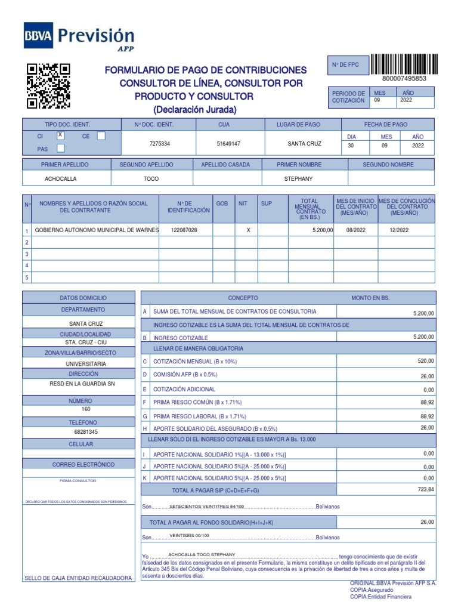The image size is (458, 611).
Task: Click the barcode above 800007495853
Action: tap(404, 64)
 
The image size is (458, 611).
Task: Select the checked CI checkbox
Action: tap(60, 135)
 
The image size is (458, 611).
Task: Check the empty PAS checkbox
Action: tap(60, 149)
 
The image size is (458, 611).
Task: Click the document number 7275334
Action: tap(159, 144)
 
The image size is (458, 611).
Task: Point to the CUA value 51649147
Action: tap(228, 144)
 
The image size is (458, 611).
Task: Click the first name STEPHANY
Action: tap(299, 178)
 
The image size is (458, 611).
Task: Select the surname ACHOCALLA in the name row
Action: tap(61, 178)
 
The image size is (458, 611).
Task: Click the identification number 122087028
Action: tap(184, 230)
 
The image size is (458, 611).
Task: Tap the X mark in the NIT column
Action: tap(247, 230)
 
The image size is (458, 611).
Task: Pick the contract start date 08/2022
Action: tap(355, 230)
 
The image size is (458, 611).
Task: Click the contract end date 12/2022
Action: tap(399, 230)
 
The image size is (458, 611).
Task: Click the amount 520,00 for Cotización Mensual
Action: tap(426, 361)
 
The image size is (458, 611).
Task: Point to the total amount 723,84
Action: tap(426, 489)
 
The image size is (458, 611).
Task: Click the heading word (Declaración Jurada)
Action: tap(194, 110)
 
